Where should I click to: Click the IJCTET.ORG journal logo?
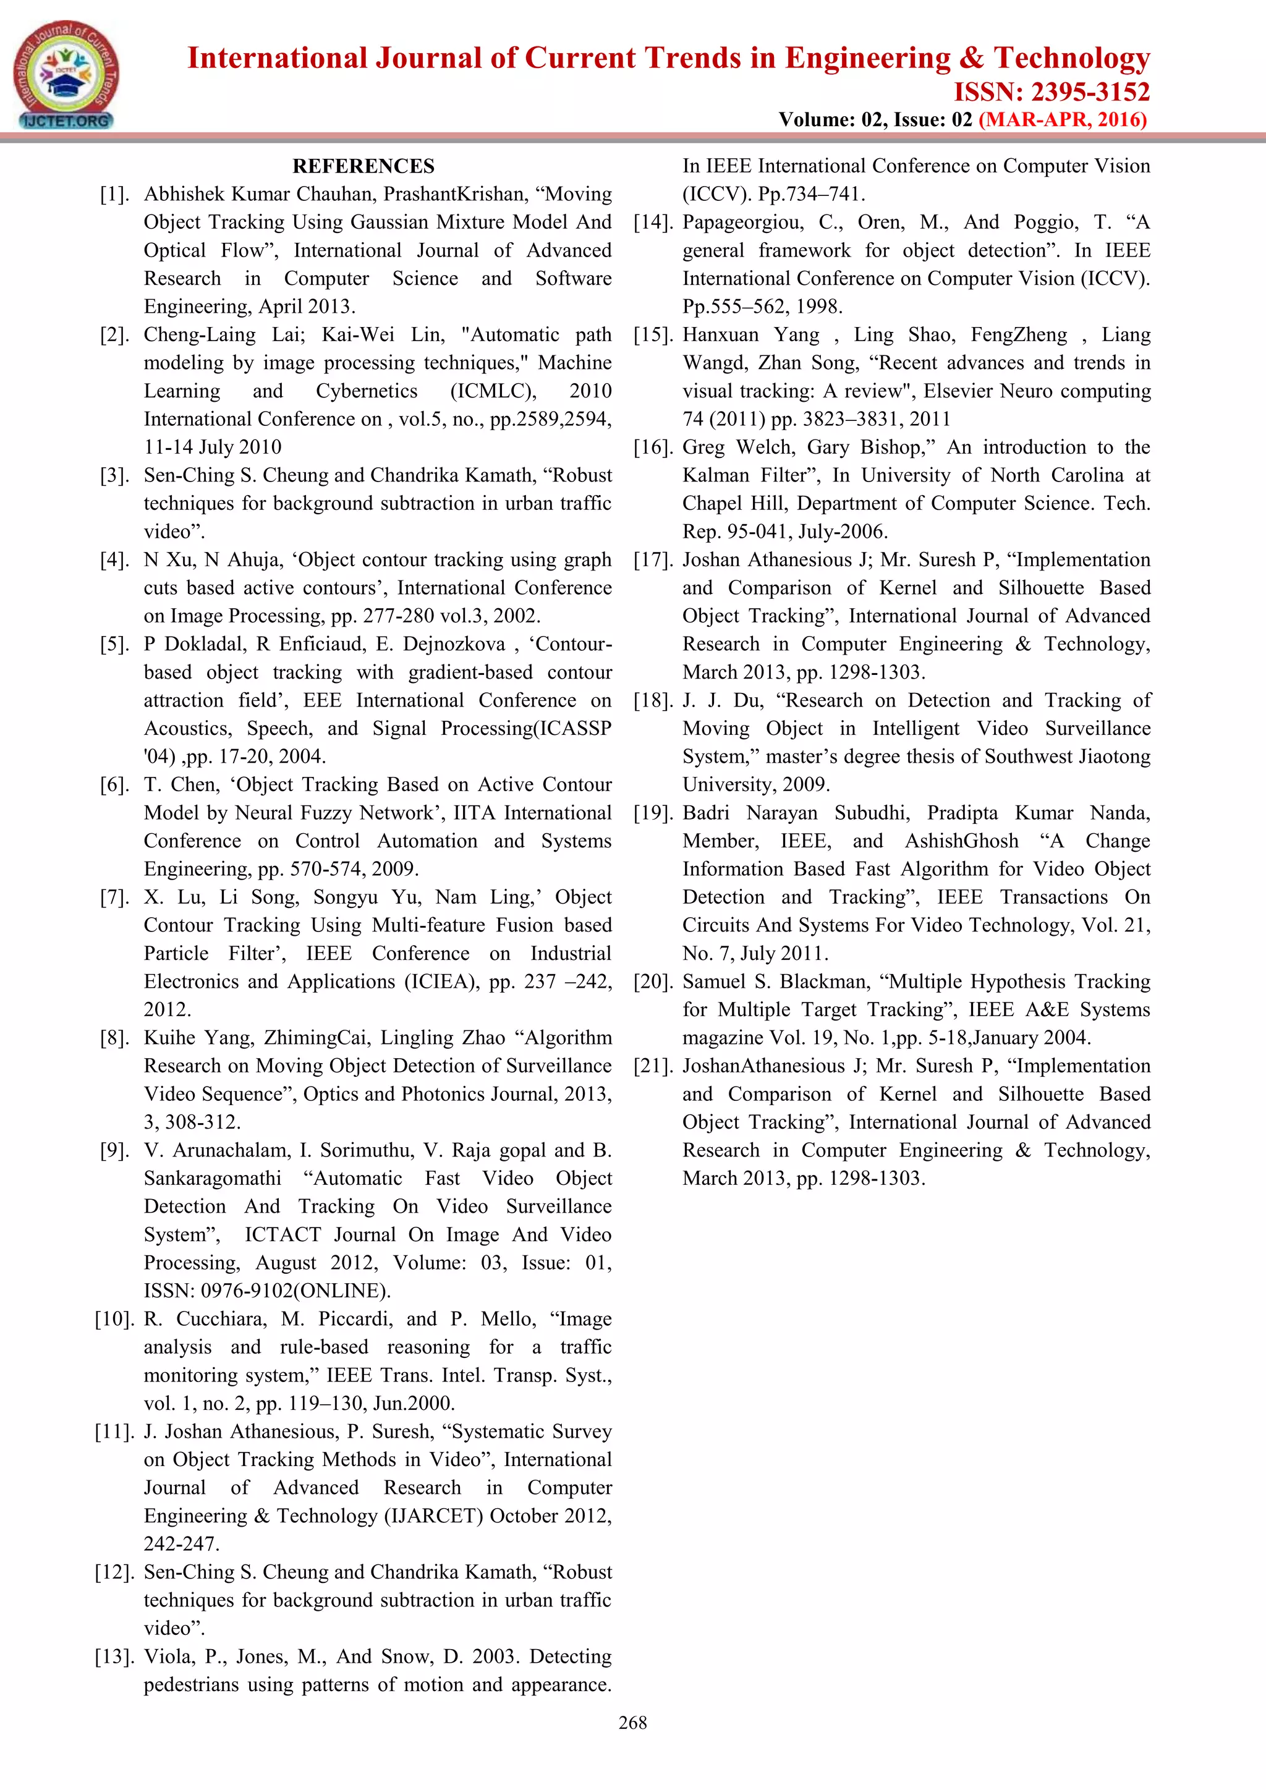(x=66, y=75)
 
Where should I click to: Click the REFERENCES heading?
(x=363, y=166)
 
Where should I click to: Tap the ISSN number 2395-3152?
(x=1090, y=92)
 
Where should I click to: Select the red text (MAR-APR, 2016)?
(x=1063, y=119)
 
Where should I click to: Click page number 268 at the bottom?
(x=632, y=1723)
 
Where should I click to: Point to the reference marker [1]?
(x=114, y=194)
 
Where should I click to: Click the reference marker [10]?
(x=114, y=1319)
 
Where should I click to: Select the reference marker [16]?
(x=653, y=448)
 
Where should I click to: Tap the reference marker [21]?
(x=653, y=1066)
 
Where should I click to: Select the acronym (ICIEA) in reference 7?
(x=441, y=982)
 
